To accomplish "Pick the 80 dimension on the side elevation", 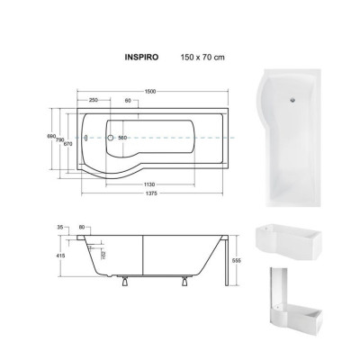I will coord(84,228).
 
